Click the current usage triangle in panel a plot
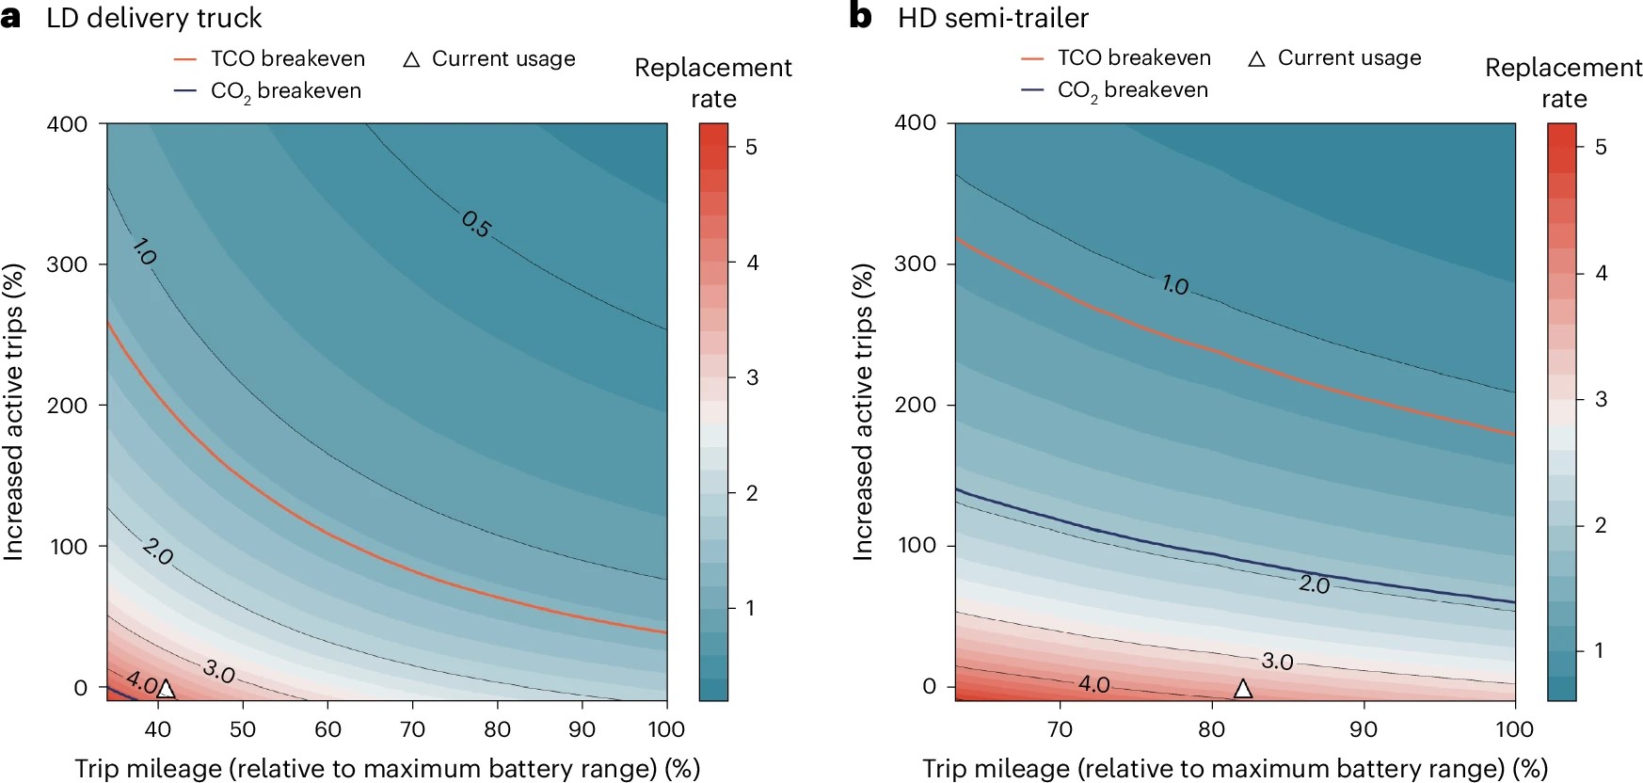tap(166, 689)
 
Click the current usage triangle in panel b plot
tap(1242, 689)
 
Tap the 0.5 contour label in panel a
tap(476, 224)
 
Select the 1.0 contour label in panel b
tap(1174, 284)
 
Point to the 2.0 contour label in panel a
tap(158, 551)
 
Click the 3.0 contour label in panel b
tap(1277, 662)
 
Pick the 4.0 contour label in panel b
tap(1093, 684)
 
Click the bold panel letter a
tap(11, 17)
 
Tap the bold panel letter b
tap(860, 17)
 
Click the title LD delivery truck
tap(154, 18)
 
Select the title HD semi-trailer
tap(993, 18)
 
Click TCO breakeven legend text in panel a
tap(287, 58)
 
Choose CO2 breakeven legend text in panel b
tap(1132, 90)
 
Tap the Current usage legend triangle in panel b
tap(1256, 59)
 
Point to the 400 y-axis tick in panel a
tap(67, 124)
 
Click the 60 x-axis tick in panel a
tap(327, 729)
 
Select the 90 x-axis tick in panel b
tap(1364, 729)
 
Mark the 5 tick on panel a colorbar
tap(751, 147)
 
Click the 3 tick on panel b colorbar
tap(1601, 399)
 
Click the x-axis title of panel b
tap(1235, 769)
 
